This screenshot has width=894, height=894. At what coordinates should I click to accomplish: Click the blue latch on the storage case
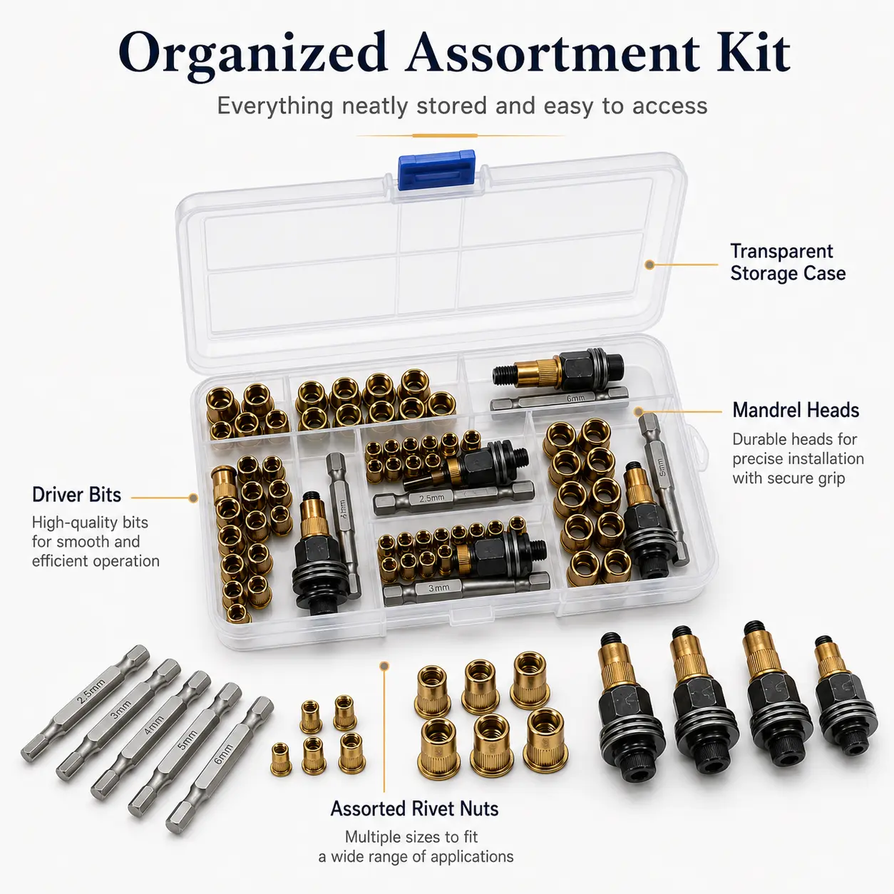click(436, 170)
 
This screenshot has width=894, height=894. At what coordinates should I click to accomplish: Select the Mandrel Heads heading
click(796, 410)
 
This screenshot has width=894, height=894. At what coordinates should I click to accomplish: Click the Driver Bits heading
click(76, 495)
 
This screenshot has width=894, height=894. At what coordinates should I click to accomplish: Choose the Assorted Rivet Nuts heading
click(414, 808)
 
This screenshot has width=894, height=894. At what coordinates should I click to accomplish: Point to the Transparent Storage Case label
click(788, 262)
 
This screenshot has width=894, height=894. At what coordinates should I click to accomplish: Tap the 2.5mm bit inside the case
click(453, 498)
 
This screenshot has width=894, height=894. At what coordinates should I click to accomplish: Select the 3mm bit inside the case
click(466, 587)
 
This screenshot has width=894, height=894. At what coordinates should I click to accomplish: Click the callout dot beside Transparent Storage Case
click(649, 265)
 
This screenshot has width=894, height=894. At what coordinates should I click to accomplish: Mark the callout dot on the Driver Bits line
click(193, 498)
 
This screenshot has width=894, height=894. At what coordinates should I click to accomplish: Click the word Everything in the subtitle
click(275, 107)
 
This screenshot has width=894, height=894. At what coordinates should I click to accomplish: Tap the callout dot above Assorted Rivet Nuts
click(384, 666)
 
